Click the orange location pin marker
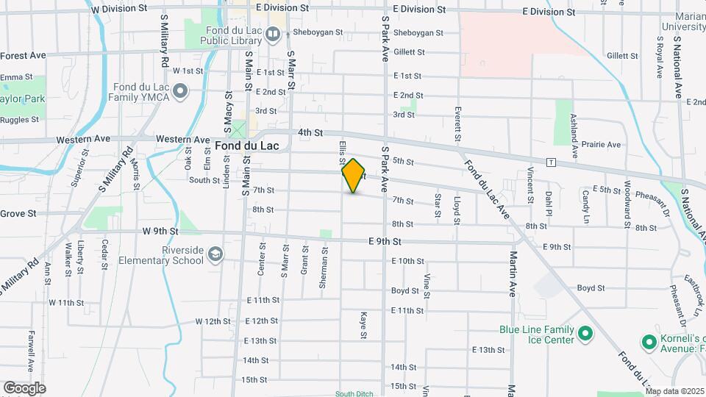pyautogui.click(x=354, y=176)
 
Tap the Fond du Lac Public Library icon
pyautogui.click(x=273, y=33)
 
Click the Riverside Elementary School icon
pyautogui.click(x=215, y=255)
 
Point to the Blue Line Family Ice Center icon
pyautogui.click(x=585, y=335)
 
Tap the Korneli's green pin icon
pyautogui.click(x=649, y=342)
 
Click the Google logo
pyautogui.click(x=24, y=387)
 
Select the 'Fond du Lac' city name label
pyautogui.click(x=247, y=146)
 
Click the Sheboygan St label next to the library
pyautogui.click(x=318, y=32)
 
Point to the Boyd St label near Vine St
pyautogui.click(x=404, y=291)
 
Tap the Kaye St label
pyautogui.click(x=363, y=325)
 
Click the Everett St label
pyautogui.click(x=457, y=124)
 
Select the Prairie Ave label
pyautogui.click(x=601, y=144)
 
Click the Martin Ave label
pyautogui.click(x=512, y=268)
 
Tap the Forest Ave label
pyautogui.click(x=23, y=55)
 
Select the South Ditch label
pyautogui.click(x=354, y=393)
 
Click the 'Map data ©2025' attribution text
pyautogui.click(x=673, y=392)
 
